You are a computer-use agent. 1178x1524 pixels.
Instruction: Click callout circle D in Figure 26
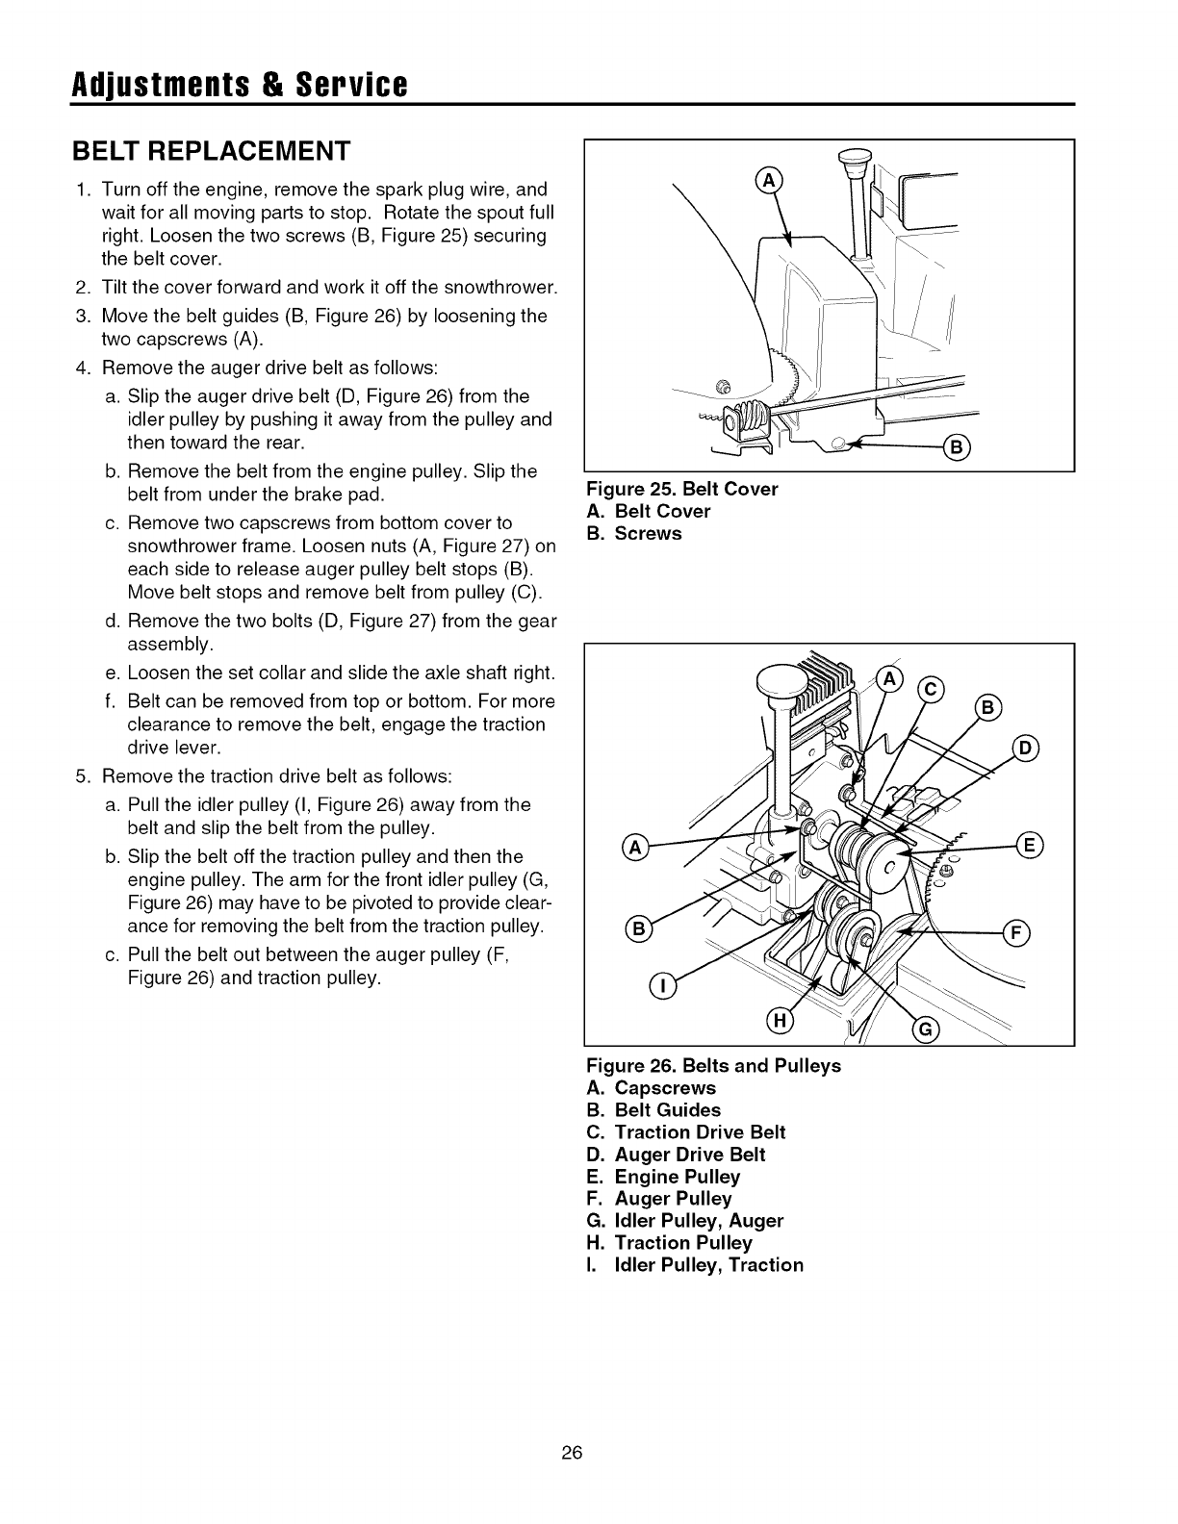click(1026, 748)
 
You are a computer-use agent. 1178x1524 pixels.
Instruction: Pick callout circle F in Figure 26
click(1017, 932)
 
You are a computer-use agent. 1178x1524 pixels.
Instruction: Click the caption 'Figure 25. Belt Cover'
click(681, 489)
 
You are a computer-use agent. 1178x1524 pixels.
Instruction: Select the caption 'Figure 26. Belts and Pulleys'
click(713, 1066)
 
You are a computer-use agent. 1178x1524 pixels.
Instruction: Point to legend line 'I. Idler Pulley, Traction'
click(694, 1265)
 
